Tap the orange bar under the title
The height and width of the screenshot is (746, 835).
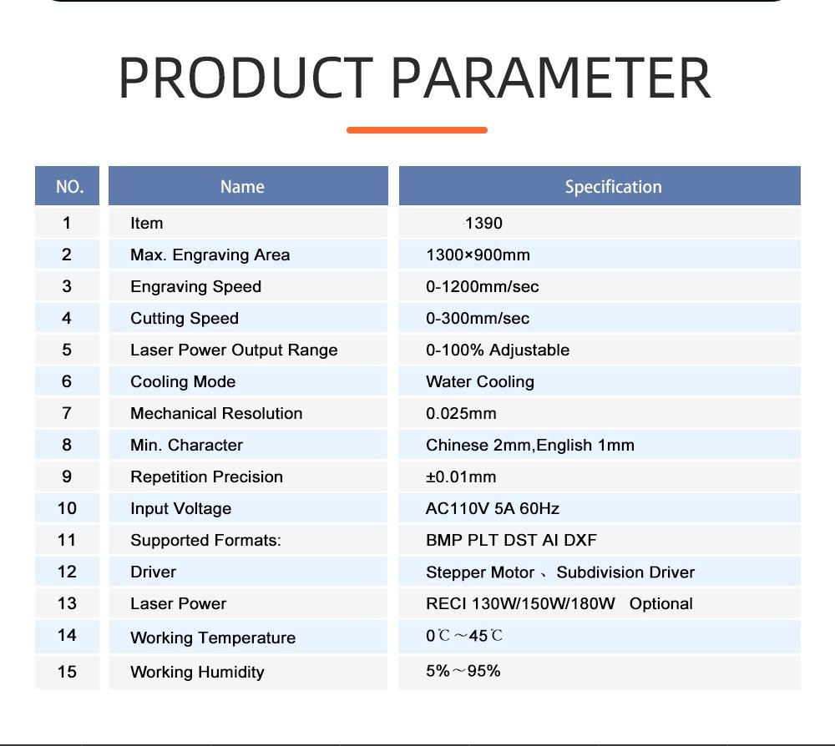417,130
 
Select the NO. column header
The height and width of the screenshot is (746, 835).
69,187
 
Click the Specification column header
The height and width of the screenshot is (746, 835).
613,187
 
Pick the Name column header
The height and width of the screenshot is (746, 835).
242,187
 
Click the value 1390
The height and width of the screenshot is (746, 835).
483,224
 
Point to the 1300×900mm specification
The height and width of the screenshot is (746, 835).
478,255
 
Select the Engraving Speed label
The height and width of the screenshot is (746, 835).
195,287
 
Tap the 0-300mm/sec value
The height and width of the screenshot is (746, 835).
478,319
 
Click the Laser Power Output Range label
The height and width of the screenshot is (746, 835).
234,350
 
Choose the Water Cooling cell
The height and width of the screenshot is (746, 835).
479,382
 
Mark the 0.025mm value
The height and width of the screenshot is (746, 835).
460,414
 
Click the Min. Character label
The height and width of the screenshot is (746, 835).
186,446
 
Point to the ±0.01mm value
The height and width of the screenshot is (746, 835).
461,477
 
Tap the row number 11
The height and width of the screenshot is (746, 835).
67,540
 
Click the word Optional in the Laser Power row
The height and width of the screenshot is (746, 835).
661,604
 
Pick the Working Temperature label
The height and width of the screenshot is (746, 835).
213,638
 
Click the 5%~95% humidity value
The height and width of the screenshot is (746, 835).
463,671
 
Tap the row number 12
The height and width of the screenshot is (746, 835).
67,572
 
